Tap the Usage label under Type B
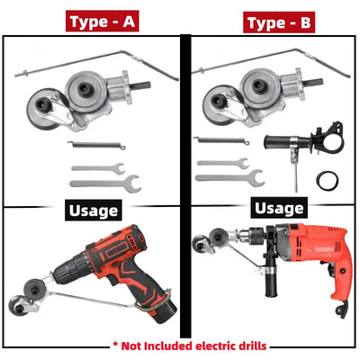point(278,208)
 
